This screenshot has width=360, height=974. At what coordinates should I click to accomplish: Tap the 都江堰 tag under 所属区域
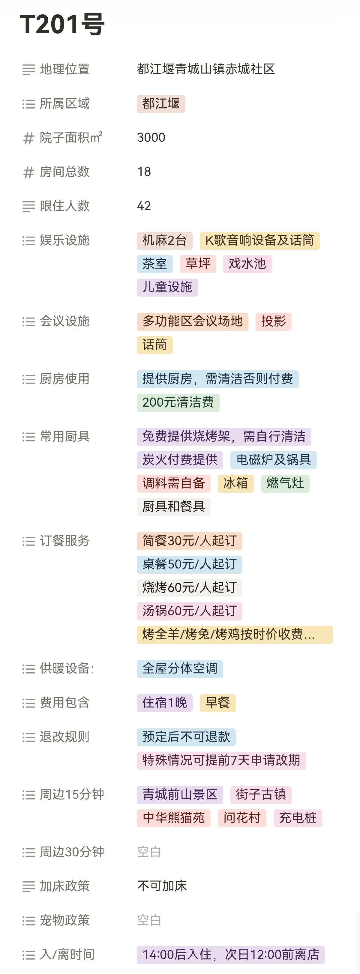click(x=161, y=103)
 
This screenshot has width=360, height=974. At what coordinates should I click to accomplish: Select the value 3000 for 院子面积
click(x=151, y=138)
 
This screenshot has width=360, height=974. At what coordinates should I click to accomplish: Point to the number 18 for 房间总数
click(x=144, y=172)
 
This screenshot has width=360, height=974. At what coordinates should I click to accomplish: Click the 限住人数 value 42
click(x=144, y=206)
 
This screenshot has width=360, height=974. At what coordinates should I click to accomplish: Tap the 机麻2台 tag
click(x=164, y=241)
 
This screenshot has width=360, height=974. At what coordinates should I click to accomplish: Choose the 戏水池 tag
click(x=247, y=264)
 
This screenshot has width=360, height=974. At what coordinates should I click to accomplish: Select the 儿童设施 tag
click(x=167, y=287)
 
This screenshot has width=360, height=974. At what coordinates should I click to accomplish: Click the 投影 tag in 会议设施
click(x=273, y=321)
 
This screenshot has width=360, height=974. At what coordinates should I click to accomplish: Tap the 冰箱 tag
click(x=235, y=483)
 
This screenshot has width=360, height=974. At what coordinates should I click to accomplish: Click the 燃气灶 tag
click(x=285, y=483)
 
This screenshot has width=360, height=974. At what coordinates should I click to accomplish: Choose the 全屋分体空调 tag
click(x=180, y=668)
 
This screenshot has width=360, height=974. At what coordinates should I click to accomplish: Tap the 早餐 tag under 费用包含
click(x=217, y=703)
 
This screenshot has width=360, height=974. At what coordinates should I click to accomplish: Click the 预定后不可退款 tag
click(x=186, y=737)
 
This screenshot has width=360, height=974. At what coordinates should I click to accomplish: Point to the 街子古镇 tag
click(x=260, y=794)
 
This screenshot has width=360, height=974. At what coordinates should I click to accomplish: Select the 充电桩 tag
click(x=298, y=818)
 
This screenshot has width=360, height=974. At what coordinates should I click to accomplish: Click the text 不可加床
click(x=162, y=886)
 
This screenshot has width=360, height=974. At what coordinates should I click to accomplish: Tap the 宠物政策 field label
click(x=65, y=920)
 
